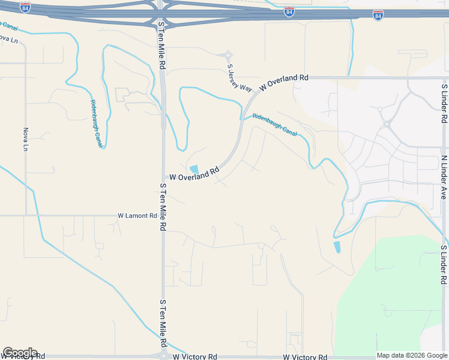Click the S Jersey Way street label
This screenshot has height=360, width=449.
239,78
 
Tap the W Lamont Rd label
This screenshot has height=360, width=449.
137,215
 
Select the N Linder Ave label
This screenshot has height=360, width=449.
445,178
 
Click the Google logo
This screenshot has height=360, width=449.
20,353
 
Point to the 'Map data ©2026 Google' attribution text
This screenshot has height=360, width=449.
411,355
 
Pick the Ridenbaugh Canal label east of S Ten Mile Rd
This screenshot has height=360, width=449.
274,124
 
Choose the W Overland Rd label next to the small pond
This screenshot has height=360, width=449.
194,175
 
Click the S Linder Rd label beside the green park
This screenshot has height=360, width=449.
445,265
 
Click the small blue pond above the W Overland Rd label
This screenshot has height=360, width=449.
194,169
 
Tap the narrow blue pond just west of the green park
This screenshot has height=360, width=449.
336,246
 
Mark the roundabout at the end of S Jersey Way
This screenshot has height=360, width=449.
228,55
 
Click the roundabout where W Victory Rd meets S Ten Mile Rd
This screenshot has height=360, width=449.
163,356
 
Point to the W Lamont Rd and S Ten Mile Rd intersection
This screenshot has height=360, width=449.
163,215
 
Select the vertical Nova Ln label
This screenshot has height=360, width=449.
26,139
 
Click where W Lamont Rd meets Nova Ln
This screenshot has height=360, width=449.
26,215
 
